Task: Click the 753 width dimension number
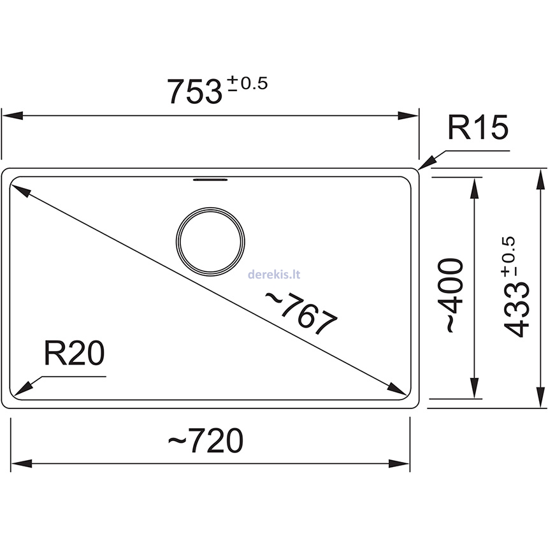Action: coord(192,92)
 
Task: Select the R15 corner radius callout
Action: coord(477,129)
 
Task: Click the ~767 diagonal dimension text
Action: coord(299,312)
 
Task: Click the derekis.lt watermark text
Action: coord(273,275)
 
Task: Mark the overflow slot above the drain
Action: coord(210,180)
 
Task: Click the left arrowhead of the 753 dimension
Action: coord(13,116)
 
